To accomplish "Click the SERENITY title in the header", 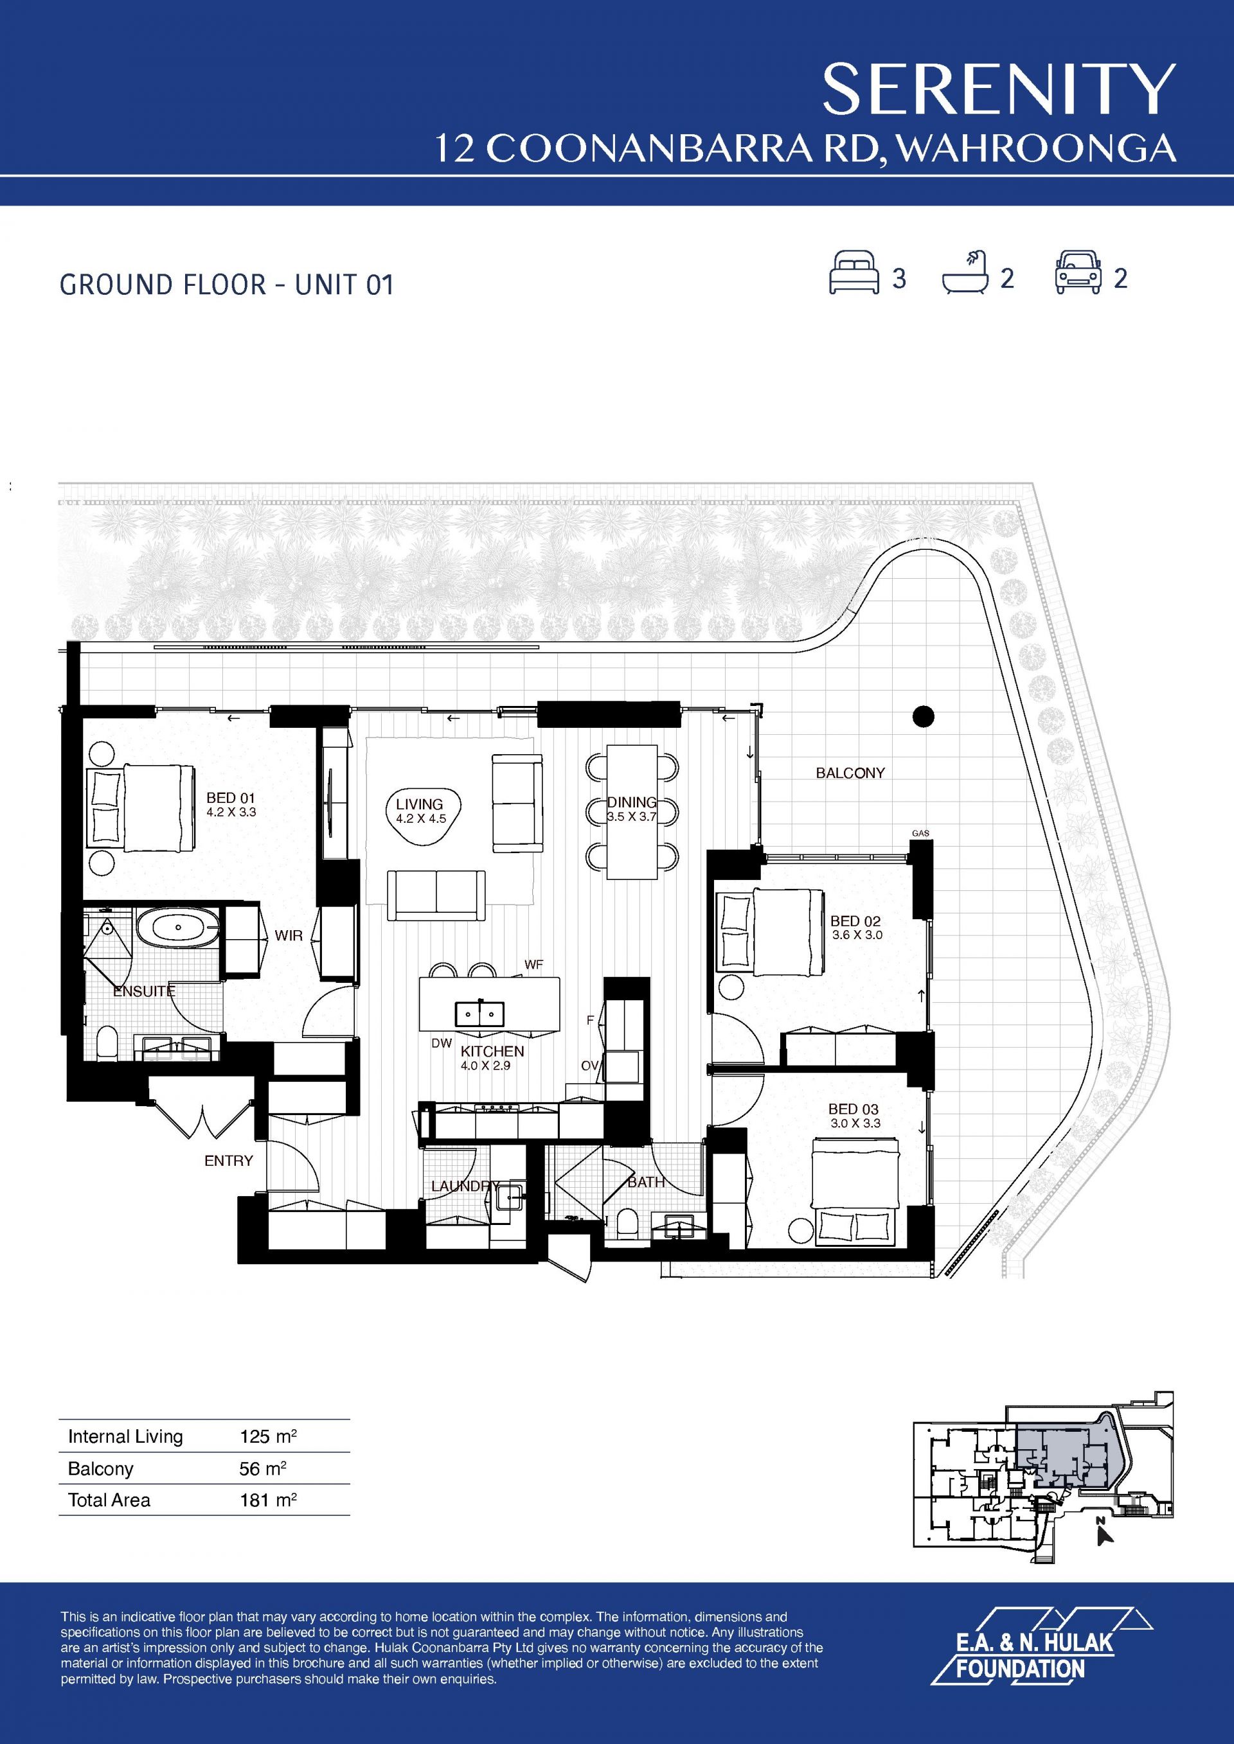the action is tap(998, 90).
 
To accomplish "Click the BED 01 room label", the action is tap(231, 798).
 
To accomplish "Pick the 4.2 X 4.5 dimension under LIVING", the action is tap(420, 819).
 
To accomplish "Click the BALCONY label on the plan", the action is tap(850, 773).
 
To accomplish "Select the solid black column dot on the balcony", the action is tap(922, 716).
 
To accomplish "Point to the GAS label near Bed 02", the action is tap(920, 833).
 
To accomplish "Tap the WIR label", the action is tap(289, 936).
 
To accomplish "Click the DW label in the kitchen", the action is tap(442, 1044).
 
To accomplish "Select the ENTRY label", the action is tap(229, 1161).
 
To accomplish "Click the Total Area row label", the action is tap(109, 1500).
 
